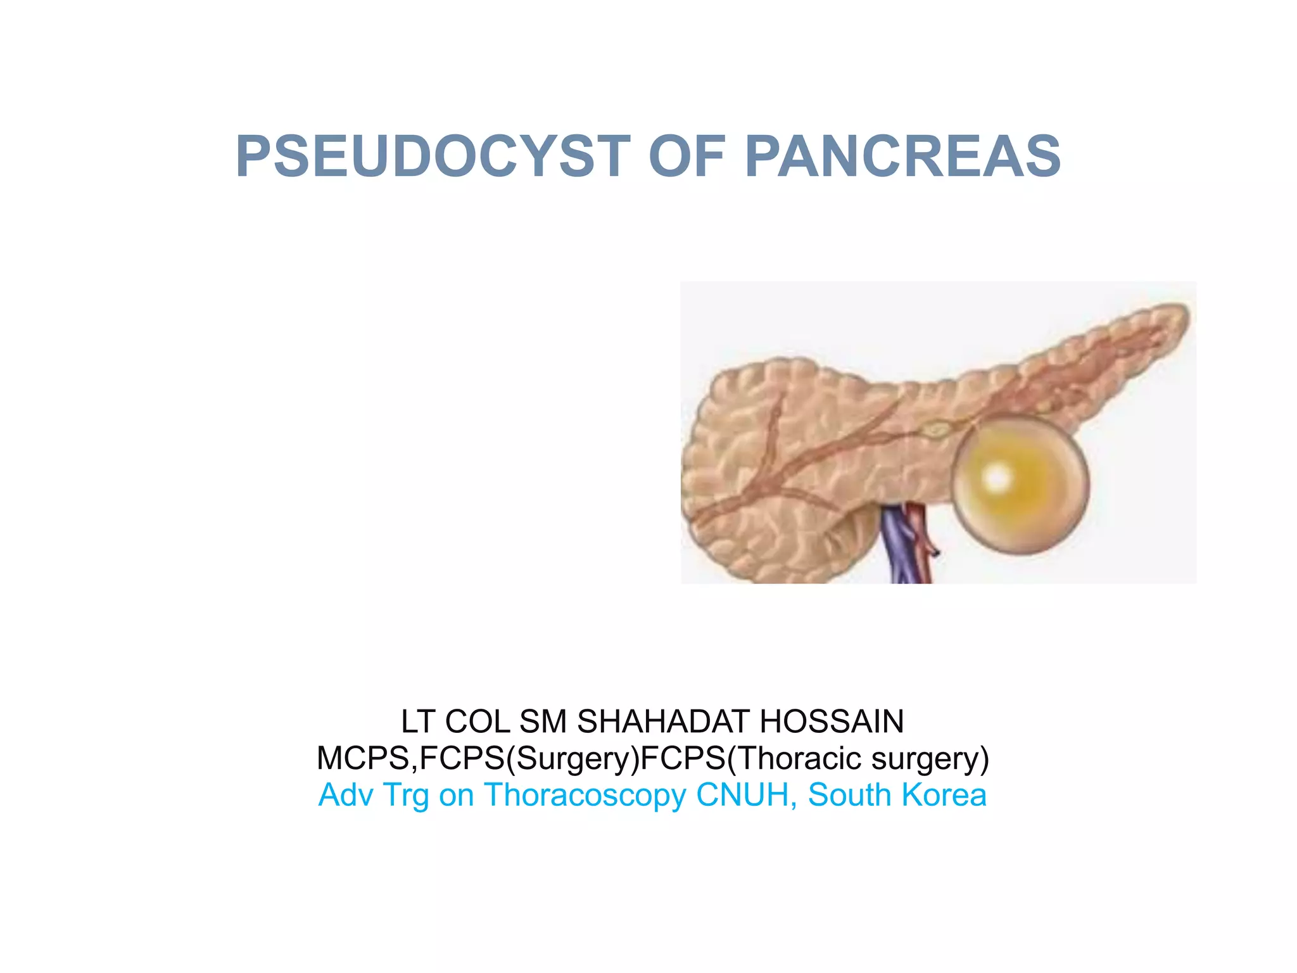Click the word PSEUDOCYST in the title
point(433,156)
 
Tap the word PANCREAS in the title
point(902,156)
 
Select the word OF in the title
point(687,156)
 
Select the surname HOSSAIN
point(832,722)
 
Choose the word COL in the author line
point(478,722)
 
